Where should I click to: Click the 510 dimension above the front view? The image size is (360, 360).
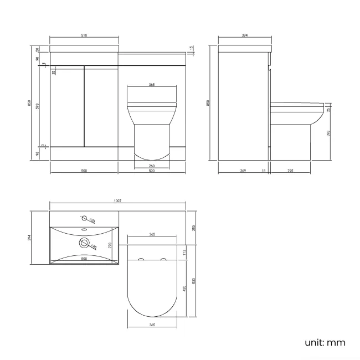click(84, 35)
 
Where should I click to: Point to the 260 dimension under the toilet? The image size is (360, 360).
click(152, 166)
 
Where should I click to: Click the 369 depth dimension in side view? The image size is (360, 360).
click(243, 171)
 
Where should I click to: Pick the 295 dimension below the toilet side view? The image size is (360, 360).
click(291, 171)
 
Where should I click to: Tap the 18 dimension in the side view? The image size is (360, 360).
click(263, 171)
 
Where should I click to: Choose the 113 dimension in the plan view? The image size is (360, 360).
click(183, 252)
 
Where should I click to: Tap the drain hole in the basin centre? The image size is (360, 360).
click(85, 242)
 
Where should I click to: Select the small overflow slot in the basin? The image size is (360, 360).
click(84, 229)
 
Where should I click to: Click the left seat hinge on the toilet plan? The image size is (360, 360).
click(141, 260)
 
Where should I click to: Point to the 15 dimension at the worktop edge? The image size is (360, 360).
click(191, 49)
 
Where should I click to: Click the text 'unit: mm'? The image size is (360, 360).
click(325, 342)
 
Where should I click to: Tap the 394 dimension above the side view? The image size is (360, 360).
click(245, 35)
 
